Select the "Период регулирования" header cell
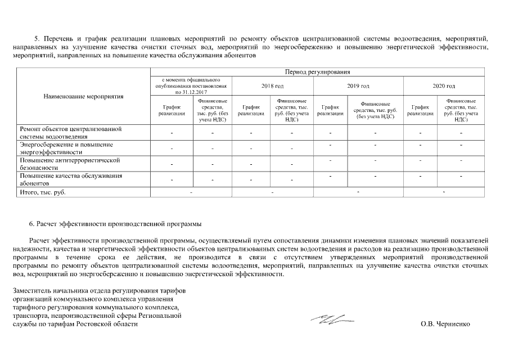(x=318, y=72)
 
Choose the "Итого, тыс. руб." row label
(x=43, y=193)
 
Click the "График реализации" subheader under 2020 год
(x=420, y=110)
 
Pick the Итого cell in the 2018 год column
(x=272, y=193)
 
